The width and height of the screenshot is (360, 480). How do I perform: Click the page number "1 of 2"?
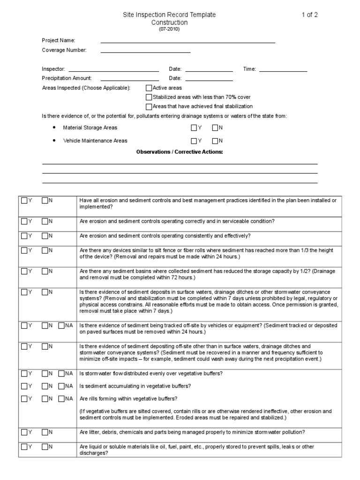coord(309,15)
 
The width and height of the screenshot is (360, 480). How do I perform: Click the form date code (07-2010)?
coord(169,29)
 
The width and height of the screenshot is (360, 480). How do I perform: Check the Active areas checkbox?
coord(149,88)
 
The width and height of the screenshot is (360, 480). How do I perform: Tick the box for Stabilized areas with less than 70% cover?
coord(149,97)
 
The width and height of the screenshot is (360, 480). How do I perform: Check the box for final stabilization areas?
coord(149,106)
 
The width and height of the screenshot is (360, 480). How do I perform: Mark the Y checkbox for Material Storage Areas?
coord(194,127)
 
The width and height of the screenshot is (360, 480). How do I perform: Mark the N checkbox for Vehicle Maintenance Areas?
coord(215,141)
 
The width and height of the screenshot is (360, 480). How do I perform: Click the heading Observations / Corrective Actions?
coord(180,152)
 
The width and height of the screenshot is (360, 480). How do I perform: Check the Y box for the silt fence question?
coord(24,250)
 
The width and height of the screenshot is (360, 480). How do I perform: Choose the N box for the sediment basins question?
coord(45,271)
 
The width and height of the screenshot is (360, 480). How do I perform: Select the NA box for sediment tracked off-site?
coord(61,325)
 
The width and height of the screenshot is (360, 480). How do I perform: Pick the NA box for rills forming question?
coord(61,399)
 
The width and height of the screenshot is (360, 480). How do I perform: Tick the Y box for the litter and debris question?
coord(24,432)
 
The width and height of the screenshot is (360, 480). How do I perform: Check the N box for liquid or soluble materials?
coord(45,447)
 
